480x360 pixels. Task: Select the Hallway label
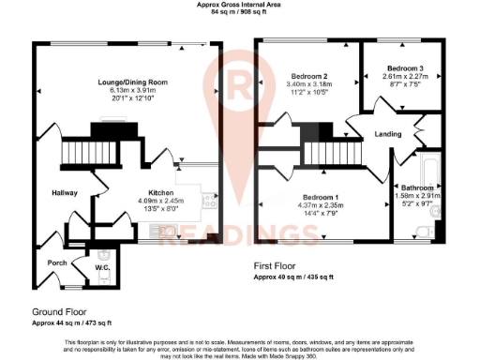coord(64,194)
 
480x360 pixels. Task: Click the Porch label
coord(56,263)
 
